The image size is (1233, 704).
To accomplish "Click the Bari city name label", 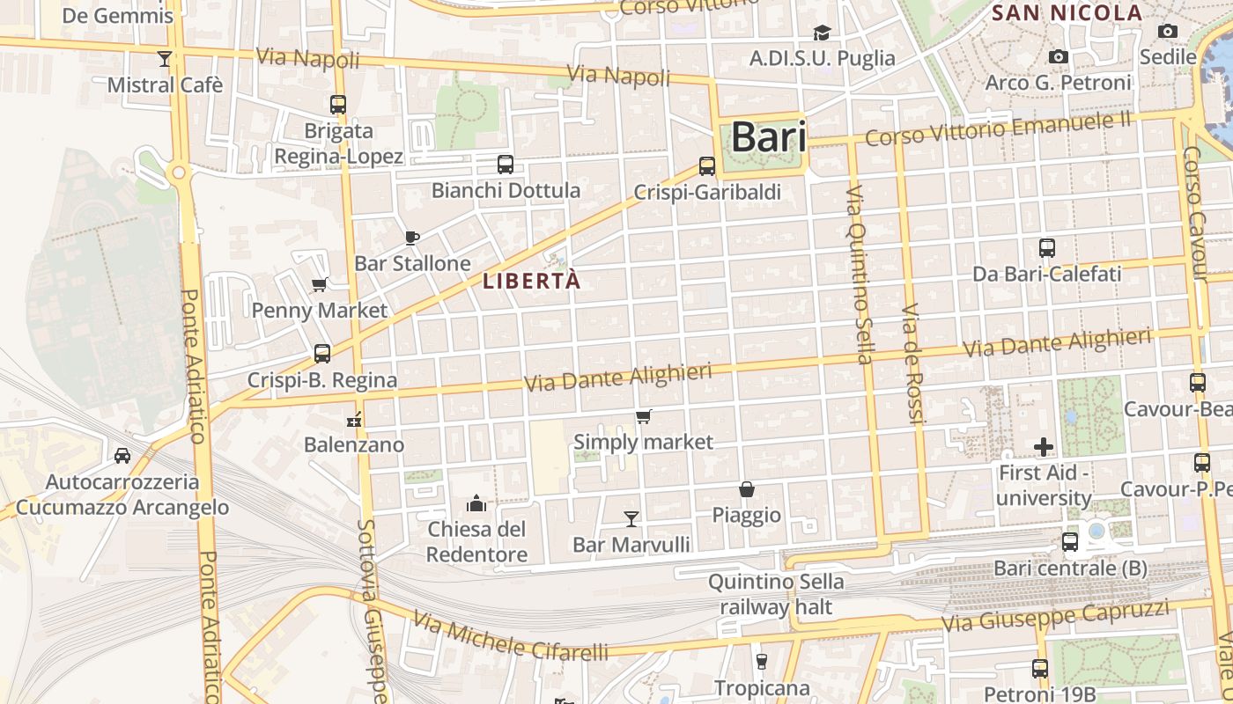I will (x=769, y=137).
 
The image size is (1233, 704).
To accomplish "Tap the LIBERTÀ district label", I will (x=532, y=281).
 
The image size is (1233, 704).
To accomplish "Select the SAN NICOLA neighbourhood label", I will (x=1067, y=13).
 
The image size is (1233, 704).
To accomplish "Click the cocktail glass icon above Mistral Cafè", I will (x=164, y=59).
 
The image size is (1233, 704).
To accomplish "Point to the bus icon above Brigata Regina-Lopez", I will (x=338, y=104).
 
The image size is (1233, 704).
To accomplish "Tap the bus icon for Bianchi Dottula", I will (x=505, y=164).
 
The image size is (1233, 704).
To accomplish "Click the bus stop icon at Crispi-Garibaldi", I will (x=706, y=165).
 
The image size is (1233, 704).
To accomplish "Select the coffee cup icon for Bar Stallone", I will (x=411, y=238).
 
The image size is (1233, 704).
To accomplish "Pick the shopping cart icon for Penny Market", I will (x=320, y=284).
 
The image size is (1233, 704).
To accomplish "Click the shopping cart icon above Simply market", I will (x=644, y=416).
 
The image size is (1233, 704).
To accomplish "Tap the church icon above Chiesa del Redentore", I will (x=476, y=503).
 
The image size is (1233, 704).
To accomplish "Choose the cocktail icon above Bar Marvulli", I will (x=631, y=518).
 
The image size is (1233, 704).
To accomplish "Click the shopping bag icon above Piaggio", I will (x=746, y=489).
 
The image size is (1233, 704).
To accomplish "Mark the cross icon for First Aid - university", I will (x=1044, y=447).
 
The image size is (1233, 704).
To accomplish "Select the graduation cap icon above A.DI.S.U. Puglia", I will (x=822, y=33).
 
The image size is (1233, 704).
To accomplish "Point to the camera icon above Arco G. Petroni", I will (x=1059, y=57).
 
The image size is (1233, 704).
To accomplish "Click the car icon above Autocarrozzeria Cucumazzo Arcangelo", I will (x=122, y=456).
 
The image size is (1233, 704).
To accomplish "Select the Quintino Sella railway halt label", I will (x=776, y=594).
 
